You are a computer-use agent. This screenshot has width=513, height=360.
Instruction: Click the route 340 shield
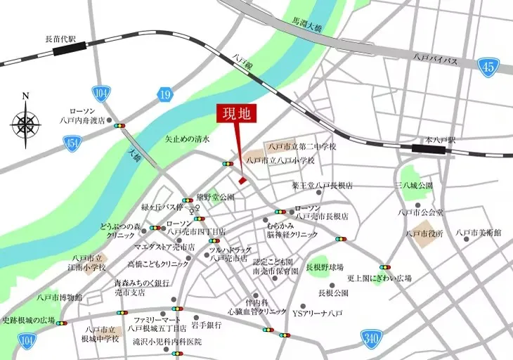pyautogui.click(x=370, y=337)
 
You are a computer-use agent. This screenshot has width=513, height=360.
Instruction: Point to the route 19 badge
pyautogui.click(x=164, y=94)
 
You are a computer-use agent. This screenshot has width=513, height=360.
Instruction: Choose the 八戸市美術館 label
pyautogui.click(x=478, y=232)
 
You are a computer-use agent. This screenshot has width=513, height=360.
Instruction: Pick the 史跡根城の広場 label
pyautogui.click(x=28, y=321)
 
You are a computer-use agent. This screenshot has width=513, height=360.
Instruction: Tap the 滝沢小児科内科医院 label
pyautogui.click(x=167, y=342)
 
